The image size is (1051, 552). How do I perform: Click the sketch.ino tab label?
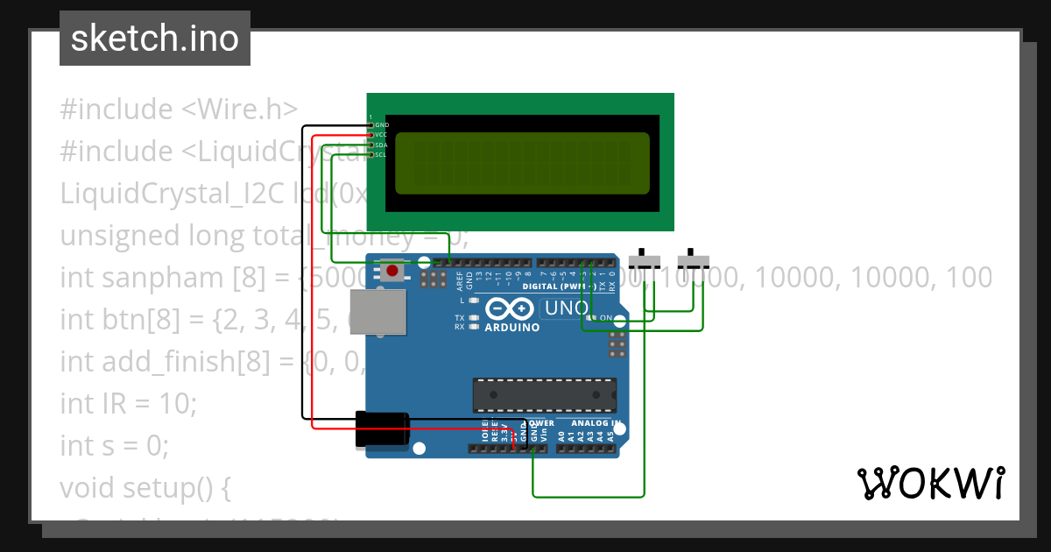tap(155, 39)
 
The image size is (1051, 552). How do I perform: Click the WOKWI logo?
tap(930, 483)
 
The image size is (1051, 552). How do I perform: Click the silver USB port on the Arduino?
tap(378, 312)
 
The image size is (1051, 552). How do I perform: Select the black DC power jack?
tap(382, 429)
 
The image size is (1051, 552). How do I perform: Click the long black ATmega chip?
tap(544, 395)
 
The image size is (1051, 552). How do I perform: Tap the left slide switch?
tap(646, 261)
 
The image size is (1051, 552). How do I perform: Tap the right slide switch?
tap(695, 261)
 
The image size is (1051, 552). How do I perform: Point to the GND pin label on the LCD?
tap(382, 125)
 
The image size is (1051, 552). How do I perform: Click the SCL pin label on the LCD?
tap(381, 154)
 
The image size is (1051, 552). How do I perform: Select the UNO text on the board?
tap(567, 308)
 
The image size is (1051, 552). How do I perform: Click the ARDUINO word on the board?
tap(511, 327)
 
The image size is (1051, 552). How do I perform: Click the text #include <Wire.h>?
tap(179, 110)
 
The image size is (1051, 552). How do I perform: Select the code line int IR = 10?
tap(129, 404)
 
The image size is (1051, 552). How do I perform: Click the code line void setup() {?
tap(145, 488)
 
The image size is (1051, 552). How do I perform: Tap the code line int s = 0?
tap(114, 446)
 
